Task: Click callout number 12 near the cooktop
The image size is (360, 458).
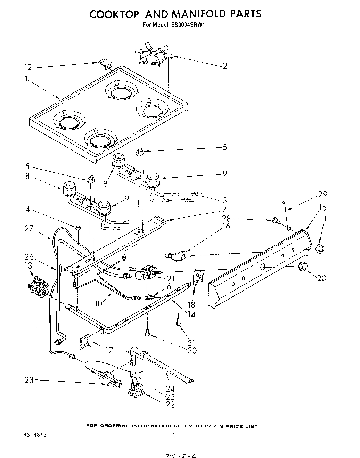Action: point(28,67)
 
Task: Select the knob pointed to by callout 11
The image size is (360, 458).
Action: point(319,248)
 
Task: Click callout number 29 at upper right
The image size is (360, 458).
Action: point(322,194)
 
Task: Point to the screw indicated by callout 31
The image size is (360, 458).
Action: point(178,322)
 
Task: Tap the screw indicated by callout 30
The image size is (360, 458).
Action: point(148,333)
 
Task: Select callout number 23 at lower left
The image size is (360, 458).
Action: point(29,380)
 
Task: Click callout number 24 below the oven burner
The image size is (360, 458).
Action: point(170,389)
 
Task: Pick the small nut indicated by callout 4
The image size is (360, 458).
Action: point(78,228)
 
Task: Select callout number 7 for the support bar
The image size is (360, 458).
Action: point(224,210)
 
